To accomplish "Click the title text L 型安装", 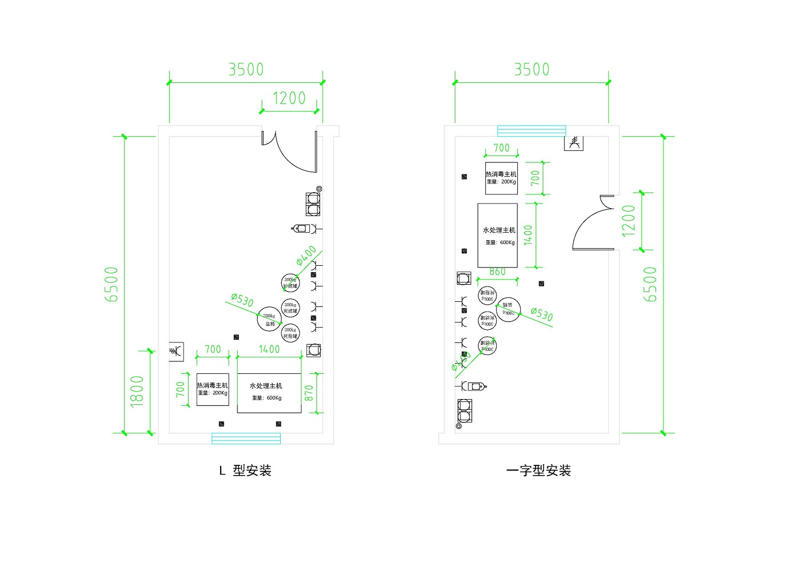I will point(245,471).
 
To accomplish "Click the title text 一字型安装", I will point(538,471).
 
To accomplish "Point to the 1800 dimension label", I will point(137,392).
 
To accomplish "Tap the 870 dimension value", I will point(309,393).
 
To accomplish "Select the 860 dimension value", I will point(498,272).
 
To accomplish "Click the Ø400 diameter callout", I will point(306,256).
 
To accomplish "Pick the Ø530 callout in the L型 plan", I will point(242,300).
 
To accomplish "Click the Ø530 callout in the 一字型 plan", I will point(541,314).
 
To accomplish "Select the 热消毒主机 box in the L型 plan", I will point(213,389).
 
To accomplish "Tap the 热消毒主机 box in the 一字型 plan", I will point(501,178).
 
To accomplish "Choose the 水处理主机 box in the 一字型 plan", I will point(498,235).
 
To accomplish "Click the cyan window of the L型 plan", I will point(246,439).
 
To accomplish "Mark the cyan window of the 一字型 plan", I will point(532,130).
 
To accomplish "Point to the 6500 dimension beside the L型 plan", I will point(111,284).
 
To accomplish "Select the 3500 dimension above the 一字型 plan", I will point(532,70).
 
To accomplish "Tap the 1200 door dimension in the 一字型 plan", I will point(629,221).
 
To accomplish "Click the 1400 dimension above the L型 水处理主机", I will point(269,349).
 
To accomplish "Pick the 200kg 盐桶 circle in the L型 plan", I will point(269,319).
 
